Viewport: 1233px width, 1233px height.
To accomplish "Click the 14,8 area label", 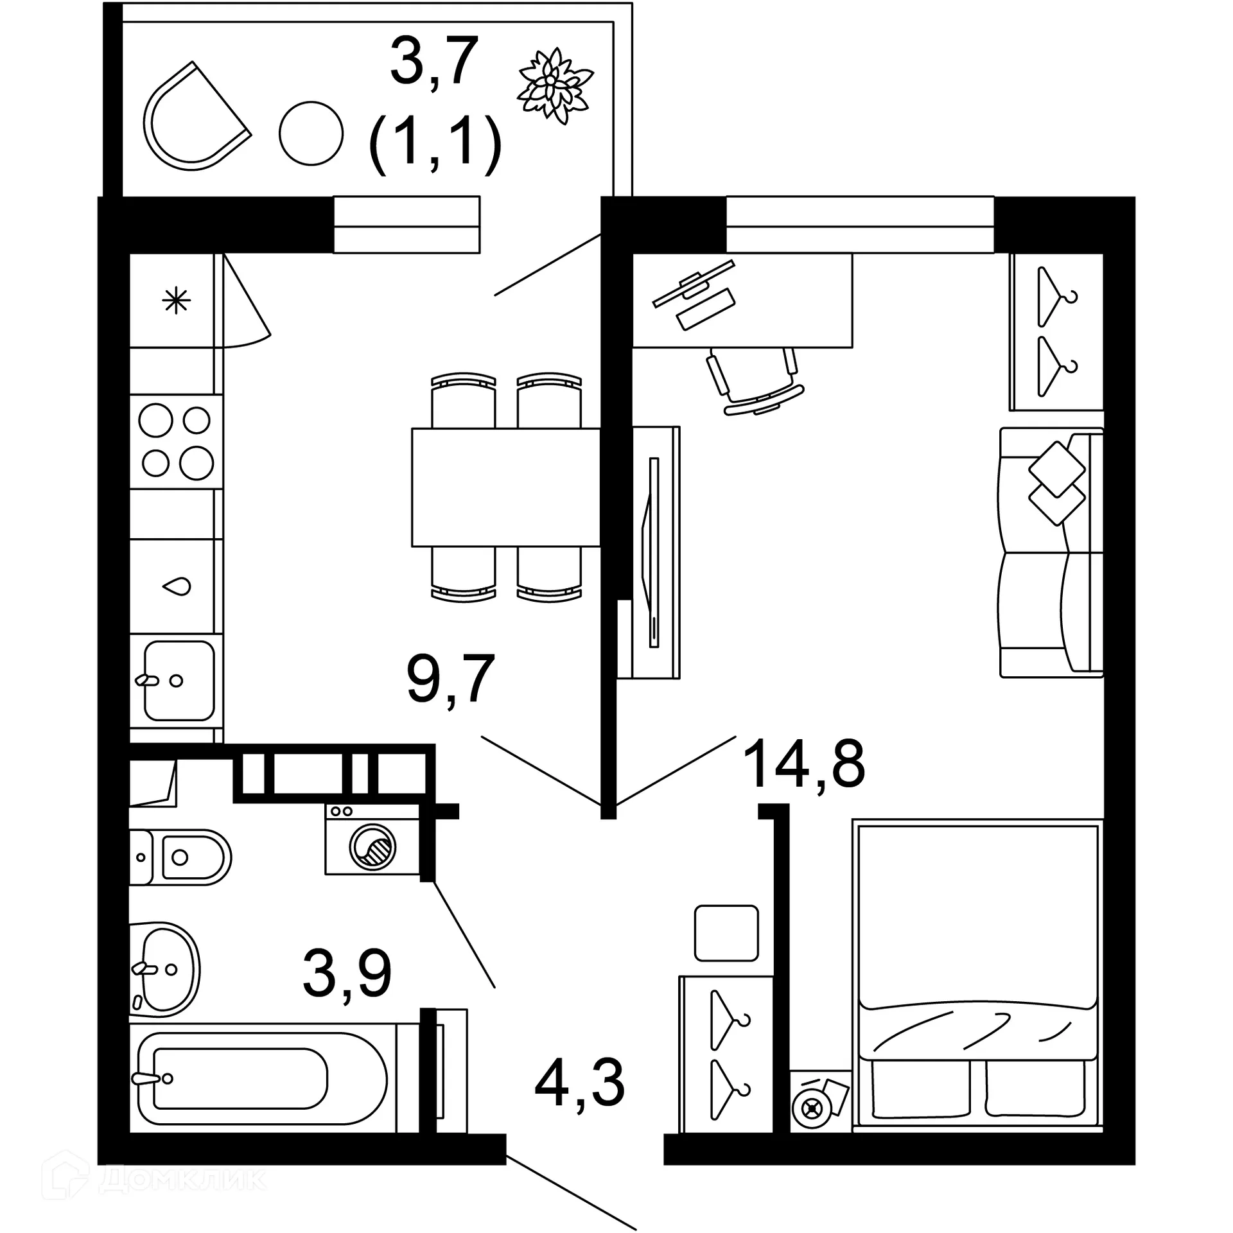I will pyautogui.click(x=803, y=764).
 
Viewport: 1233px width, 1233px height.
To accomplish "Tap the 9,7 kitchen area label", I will pyautogui.click(x=450, y=679).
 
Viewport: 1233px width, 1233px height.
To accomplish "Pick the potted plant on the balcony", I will pyautogui.click(x=554, y=85).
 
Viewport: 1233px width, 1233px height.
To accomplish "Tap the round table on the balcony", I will pyautogui.click(x=311, y=134).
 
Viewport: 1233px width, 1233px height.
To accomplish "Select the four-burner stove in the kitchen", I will pyautogui.click(x=176, y=442).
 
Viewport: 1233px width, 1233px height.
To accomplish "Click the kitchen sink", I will pyautogui.click(x=178, y=680).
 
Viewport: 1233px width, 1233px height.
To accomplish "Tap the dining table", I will pyautogui.click(x=505, y=487).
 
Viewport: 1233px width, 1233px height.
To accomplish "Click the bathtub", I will pyautogui.click(x=263, y=1078).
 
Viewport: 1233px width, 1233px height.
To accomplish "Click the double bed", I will pyautogui.click(x=976, y=976).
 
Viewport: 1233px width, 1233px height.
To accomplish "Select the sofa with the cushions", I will pyautogui.click(x=1051, y=552).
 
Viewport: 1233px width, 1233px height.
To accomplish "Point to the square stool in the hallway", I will pyautogui.click(x=726, y=933).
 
